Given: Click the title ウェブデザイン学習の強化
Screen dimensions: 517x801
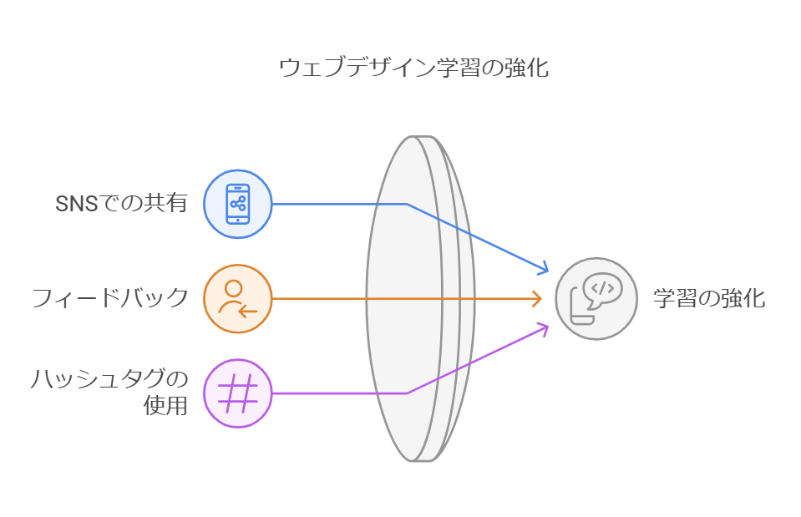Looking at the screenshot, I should point(413,68).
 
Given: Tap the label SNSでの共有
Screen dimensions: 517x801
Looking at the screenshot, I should point(121,204).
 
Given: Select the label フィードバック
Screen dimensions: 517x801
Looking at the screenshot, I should point(109,298).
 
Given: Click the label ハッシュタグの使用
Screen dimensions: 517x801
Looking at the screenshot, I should point(109,393).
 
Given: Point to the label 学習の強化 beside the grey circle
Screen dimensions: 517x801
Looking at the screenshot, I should point(708,299).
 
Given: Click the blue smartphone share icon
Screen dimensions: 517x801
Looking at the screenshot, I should point(238,204).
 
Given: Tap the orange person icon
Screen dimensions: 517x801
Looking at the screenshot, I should point(238,298).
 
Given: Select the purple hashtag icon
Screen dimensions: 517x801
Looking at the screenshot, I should point(238,393).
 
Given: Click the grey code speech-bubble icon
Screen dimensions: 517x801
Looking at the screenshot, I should point(596,298).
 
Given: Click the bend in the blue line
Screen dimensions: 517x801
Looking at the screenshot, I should point(407,204).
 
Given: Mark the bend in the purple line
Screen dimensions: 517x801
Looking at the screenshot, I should point(407,393).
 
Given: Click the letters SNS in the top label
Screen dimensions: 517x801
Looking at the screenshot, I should point(72,204).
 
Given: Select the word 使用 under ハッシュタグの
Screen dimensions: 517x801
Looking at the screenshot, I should point(166,407).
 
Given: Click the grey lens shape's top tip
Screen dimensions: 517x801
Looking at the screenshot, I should point(415,137).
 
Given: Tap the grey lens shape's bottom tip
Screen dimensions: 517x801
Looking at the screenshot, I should point(415,460).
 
